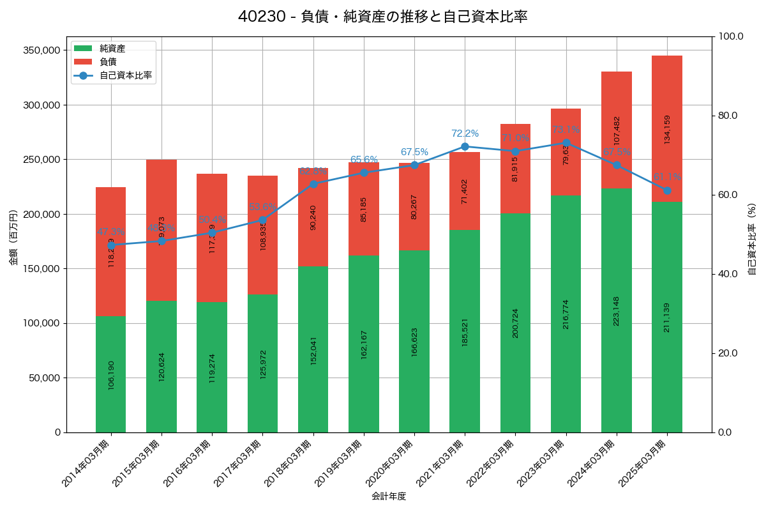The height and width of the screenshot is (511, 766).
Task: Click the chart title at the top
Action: pos(382,17)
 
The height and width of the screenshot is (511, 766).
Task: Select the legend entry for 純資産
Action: pos(112,49)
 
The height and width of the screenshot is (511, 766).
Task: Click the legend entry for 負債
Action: pos(108,62)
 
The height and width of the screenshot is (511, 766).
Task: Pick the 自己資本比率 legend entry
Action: pos(125,75)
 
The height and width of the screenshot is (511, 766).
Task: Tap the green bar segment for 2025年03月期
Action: pos(666,317)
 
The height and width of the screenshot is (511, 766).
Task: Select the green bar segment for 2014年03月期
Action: pos(111,374)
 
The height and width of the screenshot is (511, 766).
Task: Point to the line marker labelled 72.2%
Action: pos(465,146)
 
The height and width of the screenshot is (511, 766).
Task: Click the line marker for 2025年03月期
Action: pos(666,190)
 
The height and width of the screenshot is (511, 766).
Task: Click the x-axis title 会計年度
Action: pos(389,496)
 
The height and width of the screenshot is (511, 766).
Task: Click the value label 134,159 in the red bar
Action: pos(667,129)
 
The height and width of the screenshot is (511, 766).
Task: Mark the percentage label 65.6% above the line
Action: pos(364,160)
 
